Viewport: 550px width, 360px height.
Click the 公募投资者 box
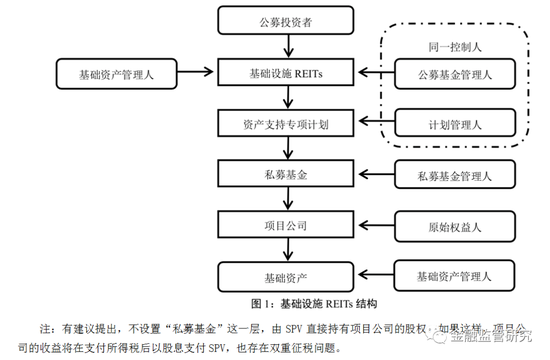[288, 21]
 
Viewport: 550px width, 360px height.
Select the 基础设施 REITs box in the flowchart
[288, 72]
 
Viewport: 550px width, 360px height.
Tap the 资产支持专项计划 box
[288, 123]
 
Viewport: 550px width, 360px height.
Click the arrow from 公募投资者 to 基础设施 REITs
[288, 46]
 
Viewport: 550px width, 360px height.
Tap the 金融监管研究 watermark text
[504, 341]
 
